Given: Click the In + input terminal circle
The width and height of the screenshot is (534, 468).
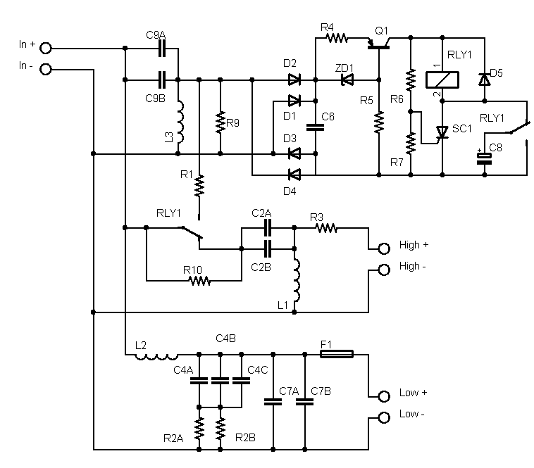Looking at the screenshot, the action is (x=46, y=49).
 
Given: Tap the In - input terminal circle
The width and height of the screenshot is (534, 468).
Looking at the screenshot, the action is (x=46, y=70).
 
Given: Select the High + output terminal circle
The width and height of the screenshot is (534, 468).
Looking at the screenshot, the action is (x=384, y=248).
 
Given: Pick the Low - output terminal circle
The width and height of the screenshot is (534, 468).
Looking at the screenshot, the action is (x=384, y=417).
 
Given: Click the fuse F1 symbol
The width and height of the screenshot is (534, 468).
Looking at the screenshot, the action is (x=337, y=354).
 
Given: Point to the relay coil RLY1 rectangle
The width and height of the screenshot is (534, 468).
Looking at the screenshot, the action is (x=442, y=80).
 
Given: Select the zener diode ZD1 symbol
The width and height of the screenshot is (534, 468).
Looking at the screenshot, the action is (x=347, y=80).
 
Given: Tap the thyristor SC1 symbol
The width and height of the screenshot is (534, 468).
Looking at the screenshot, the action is (x=442, y=132).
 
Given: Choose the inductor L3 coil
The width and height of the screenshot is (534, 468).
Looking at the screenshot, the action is (x=180, y=122).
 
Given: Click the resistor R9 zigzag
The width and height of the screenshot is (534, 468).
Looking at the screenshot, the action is (x=221, y=122).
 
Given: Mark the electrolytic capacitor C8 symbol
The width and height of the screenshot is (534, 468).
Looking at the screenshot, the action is (x=484, y=158).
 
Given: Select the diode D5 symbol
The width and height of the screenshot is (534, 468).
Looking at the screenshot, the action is (x=484, y=80).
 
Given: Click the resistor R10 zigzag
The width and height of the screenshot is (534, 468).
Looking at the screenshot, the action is (x=199, y=281).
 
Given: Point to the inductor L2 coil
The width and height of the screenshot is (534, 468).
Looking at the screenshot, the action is (x=156, y=356).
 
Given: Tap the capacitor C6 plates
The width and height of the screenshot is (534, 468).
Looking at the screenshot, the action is (x=316, y=127).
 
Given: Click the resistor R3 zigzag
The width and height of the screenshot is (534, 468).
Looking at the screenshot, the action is (x=327, y=228).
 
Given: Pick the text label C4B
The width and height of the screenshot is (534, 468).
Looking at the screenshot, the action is (x=226, y=339).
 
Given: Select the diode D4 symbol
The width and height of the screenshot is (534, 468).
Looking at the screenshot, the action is (x=294, y=175).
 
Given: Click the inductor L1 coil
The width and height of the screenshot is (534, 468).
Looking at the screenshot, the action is (x=297, y=281).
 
